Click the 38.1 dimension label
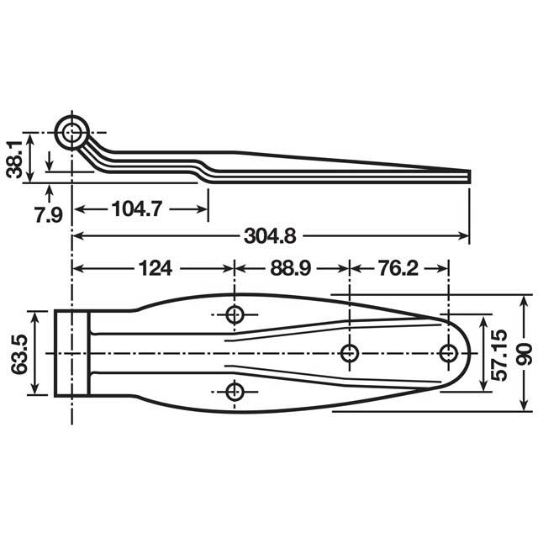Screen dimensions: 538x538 coord(13,157)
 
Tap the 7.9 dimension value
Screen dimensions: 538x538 coord(48,215)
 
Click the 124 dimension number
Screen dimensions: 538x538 coord(155,268)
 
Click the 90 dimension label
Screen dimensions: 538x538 coord(525,353)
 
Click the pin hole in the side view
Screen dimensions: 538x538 coord(72,132)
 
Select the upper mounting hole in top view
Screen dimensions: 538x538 coord(235,315)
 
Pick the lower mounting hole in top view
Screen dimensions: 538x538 coord(235,390)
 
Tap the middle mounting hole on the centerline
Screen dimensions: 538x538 coord(351,353)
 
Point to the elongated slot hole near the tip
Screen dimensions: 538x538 coord(449,353)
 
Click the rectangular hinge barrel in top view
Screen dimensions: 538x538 coord(72,353)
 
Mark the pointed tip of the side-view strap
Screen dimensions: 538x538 coord(467,175)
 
